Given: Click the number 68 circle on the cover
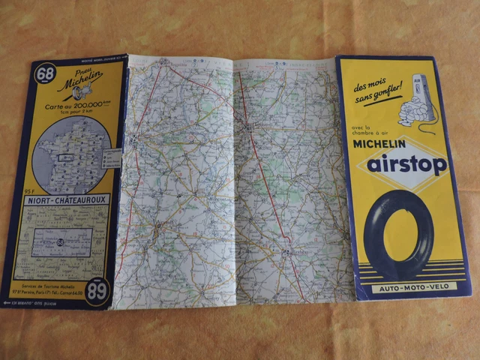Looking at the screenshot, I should (45, 73).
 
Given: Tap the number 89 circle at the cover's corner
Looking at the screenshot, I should (96, 292).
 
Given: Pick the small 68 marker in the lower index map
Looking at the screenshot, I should (58, 241).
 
